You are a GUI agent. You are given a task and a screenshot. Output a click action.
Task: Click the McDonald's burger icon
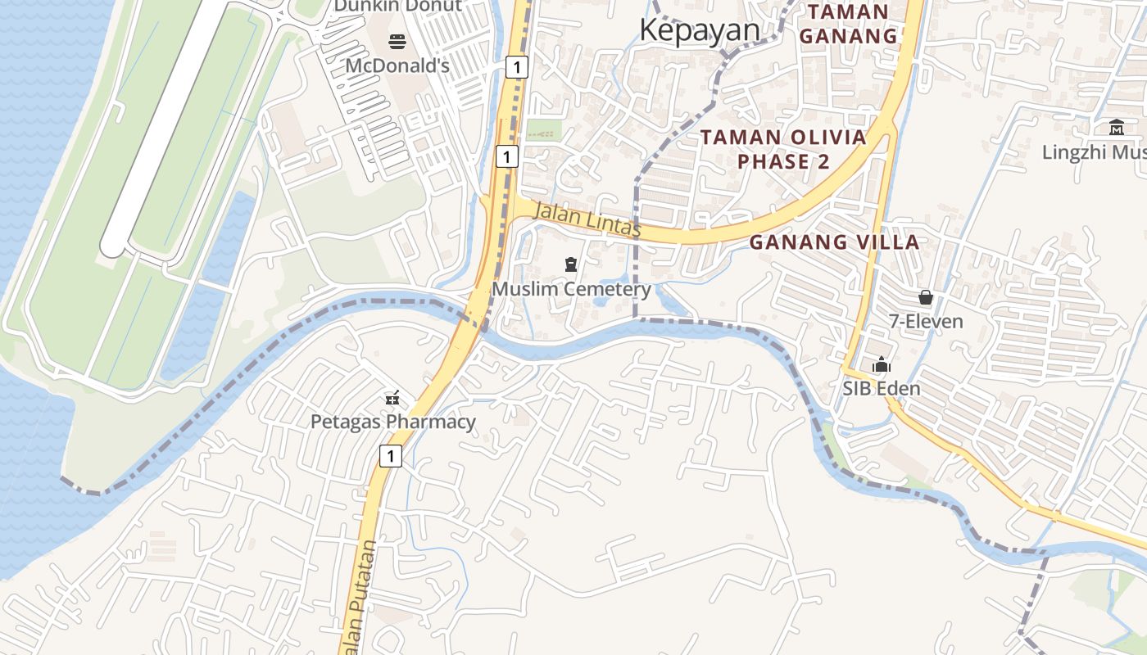(x=397, y=42)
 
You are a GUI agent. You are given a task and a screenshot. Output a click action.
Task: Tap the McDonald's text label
(x=397, y=65)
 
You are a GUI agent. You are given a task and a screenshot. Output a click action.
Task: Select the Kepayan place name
(x=699, y=30)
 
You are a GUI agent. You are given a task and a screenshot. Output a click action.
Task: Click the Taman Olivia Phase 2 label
(x=783, y=149)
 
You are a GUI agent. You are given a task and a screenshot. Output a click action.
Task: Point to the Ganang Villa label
(x=834, y=242)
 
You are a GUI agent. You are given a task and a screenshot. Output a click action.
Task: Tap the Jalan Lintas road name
(x=587, y=220)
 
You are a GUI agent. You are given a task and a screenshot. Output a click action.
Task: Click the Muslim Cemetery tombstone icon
(x=571, y=264)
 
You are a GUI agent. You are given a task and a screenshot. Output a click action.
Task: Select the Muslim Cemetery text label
(x=571, y=289)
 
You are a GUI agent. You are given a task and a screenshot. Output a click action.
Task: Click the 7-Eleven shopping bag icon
(x=926, y=297)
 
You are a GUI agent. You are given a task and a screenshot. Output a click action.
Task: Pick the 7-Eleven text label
(x=926, y=321)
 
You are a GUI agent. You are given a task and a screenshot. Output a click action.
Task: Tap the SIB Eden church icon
(x=882, y=365)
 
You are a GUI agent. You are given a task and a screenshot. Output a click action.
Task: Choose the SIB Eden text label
(x=882, y=388)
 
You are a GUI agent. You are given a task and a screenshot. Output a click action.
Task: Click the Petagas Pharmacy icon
(x=393, y=399)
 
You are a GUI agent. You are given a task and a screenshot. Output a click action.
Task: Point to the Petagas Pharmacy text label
(x=393, y=422)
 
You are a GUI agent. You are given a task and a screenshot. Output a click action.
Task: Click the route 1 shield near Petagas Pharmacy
(x=391, y=456)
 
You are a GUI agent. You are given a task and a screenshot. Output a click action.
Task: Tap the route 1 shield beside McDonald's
(x=516, y=66)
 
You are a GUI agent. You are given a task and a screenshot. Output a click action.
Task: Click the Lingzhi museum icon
(x=1117, y=128)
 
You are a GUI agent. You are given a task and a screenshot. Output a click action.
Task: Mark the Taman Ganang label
(x=848, y=24)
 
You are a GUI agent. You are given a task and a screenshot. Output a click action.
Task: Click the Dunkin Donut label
(x=397, y=7)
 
